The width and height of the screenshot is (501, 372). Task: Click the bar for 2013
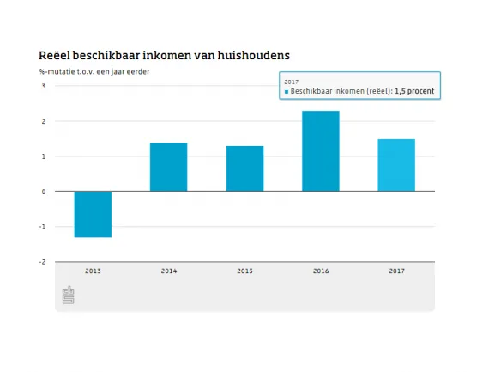coord(93,214)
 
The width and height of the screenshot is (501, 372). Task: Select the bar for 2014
coord(169,167)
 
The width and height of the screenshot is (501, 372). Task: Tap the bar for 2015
coord(244,168)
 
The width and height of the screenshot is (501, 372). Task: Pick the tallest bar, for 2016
coord(321,151)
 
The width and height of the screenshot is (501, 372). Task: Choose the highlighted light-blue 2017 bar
coord(396,165)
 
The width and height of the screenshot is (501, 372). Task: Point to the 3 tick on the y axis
coord(44,86)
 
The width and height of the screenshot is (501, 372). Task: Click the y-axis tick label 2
coord(44,121)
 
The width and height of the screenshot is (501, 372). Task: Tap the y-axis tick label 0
coord(44,192)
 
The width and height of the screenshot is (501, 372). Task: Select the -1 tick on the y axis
coord(42,227)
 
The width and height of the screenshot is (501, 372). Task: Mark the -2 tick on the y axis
coord(42,262)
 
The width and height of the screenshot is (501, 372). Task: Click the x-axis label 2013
coord(93,271)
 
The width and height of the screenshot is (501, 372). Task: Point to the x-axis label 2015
coord(244,271)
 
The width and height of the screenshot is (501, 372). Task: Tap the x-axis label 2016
coord(321,271)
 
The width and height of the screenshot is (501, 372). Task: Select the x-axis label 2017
coord(396,271)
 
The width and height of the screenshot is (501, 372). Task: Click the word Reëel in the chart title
coord(57,56)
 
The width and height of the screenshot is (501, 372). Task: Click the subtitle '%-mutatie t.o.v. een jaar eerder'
coord(94,71)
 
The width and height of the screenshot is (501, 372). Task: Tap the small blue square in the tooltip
coord(287,89)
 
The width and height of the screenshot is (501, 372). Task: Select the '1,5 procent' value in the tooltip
coord(414,89)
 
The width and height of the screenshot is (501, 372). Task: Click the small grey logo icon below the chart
coord(69,296)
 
